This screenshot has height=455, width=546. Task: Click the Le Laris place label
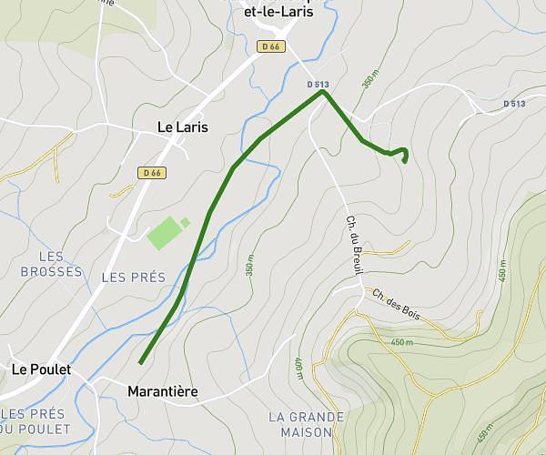[x=182, y=127]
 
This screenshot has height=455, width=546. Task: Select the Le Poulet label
[x=41, y=369]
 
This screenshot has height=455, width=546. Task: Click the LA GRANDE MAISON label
[x=307, y=424]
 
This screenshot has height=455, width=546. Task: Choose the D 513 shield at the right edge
[x=514, y=104]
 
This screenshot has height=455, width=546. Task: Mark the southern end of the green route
[x=141, y=363]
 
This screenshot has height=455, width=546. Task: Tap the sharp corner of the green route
[x=322, y=92]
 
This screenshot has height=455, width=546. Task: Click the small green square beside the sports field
[x=185, y=222]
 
